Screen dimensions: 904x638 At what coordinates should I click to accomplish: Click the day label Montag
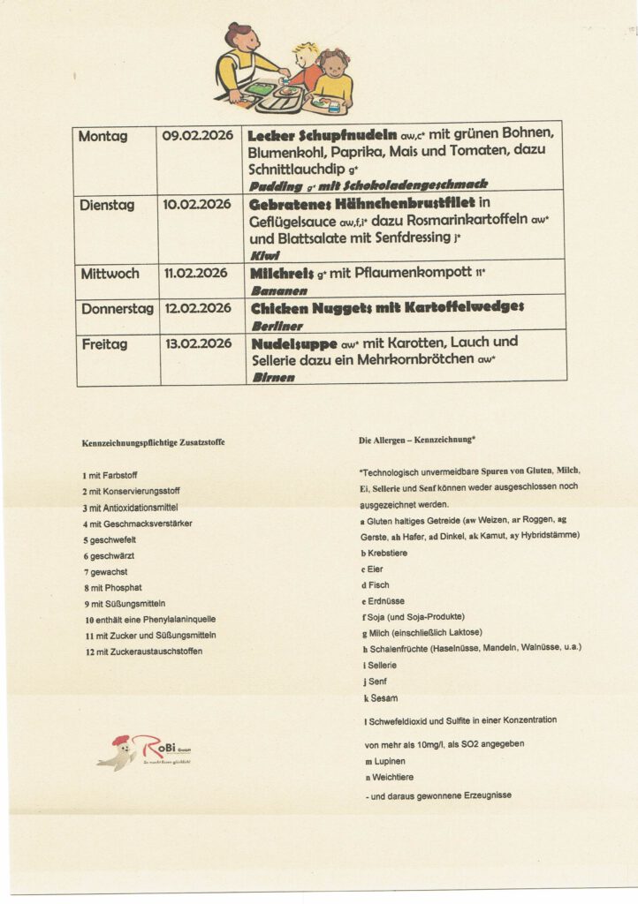103,136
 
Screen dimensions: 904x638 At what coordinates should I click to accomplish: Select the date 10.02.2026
196,204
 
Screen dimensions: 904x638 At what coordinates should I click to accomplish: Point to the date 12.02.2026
197,308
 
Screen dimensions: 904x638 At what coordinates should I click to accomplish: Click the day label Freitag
104,343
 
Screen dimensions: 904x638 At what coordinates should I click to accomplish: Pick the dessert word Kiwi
265,254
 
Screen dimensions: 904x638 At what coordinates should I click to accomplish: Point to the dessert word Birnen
272,377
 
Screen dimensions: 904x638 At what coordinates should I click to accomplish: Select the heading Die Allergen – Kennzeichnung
418,439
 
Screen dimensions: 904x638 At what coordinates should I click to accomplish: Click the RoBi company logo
143,752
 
